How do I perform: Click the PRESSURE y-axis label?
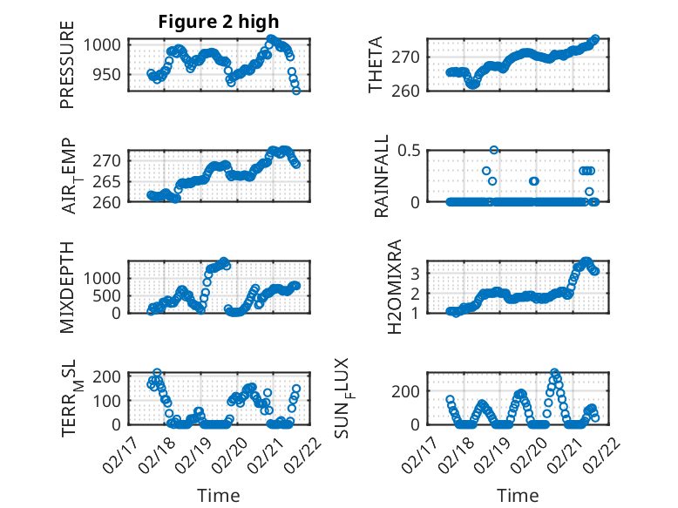click(67, 66)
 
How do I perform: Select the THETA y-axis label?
click(376, 65)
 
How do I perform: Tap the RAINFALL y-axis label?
click(381, 177)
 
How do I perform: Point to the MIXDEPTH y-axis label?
click(67, 288)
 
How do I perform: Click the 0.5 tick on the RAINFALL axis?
click(410, 150)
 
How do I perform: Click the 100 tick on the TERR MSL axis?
click(109, 400)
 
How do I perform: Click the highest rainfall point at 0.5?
click(494, 150)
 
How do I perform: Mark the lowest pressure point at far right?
click(296, 91)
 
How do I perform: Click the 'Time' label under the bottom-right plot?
click(518, 495)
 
